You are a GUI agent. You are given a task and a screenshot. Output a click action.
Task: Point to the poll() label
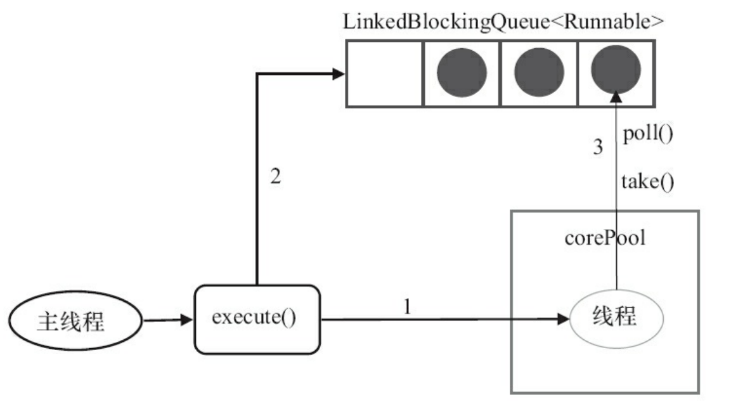click(647, 134)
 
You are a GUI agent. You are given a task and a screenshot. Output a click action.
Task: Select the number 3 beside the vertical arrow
click(597, 148)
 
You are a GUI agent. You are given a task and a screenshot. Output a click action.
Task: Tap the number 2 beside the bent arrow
click(275, 177)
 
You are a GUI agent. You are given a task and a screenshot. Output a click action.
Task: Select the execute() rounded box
click(256, 319)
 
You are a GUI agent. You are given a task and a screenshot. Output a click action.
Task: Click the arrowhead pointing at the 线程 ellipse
click(563, 320)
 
